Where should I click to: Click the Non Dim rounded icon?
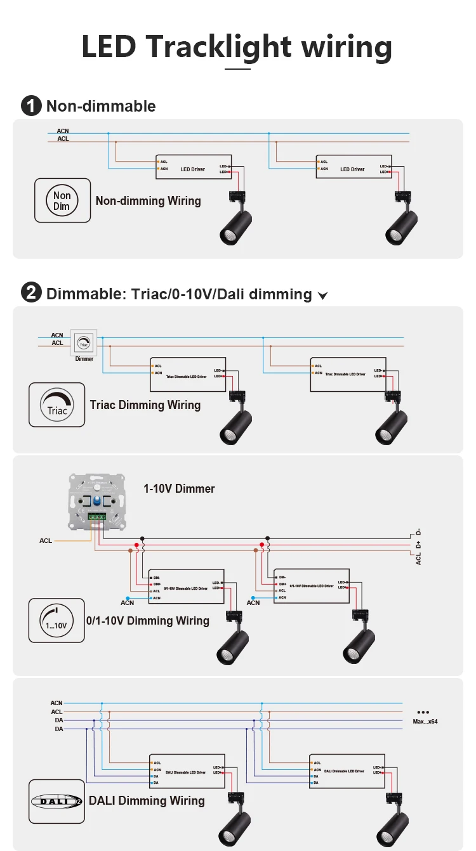(x=62, y=200)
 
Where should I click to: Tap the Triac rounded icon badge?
(x=56, y=405)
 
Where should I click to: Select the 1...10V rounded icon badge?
(x=56, y=620)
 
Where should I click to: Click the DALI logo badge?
(x=56, y=801)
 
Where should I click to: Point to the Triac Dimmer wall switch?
(x=83, y=343)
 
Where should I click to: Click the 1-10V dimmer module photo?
(x=97, y=499)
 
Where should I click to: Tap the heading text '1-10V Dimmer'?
(x=179, y=488)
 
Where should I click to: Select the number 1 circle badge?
(x=31, y=106)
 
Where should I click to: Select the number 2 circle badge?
(x=31, y=294)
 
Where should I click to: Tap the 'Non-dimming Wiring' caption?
(x=148, y=201)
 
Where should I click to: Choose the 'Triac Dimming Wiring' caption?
(x=145, y=405)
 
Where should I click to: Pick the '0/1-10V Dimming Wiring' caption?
(x=148, y=620)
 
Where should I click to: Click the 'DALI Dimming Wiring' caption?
(x=147, y=801)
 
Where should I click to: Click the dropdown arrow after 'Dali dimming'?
(x=322, y=296)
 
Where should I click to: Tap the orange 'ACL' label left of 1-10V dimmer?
(x=46, y=541)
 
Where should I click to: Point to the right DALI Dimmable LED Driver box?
(x=347, y=771)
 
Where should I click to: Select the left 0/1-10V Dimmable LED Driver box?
(x=187, y=588)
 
